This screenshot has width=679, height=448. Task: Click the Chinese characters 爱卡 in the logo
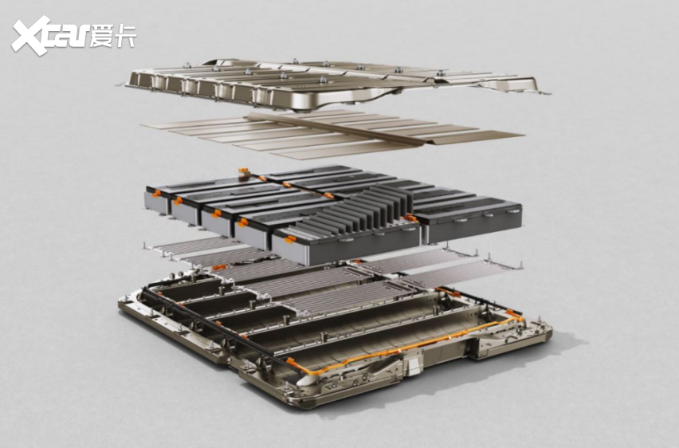coord(112,35)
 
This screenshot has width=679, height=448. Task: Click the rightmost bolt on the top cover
coord(440,73)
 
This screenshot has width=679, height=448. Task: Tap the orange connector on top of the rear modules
coord(243,172)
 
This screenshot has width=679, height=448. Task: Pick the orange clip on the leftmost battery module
coord(157,193)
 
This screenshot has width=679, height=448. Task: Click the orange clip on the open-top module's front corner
coord(290,238)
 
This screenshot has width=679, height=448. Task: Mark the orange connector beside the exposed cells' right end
coord(409,218)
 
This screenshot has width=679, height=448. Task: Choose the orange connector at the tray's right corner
coord(513,314)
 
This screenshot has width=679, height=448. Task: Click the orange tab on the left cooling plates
coord(219,267)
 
